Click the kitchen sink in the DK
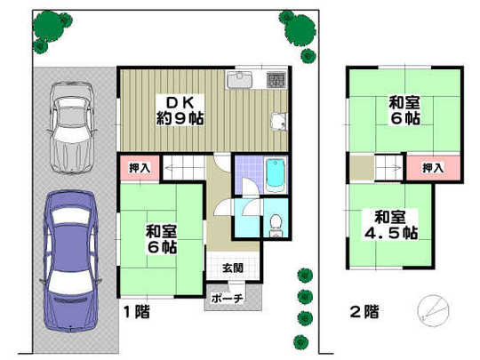pyautogui.click(x=243, y=81)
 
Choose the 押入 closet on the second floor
pyautogui.click(x=433, y=166)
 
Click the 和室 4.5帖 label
pyautogui.click(x=395, y=225)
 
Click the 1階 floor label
pyautogui.click(x=134, y=314)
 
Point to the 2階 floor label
pyautogui.click(x=362, y=313)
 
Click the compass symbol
pyautogui.click(x=430, y=308)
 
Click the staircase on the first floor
pyautogui.click(x=188, y=166)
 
